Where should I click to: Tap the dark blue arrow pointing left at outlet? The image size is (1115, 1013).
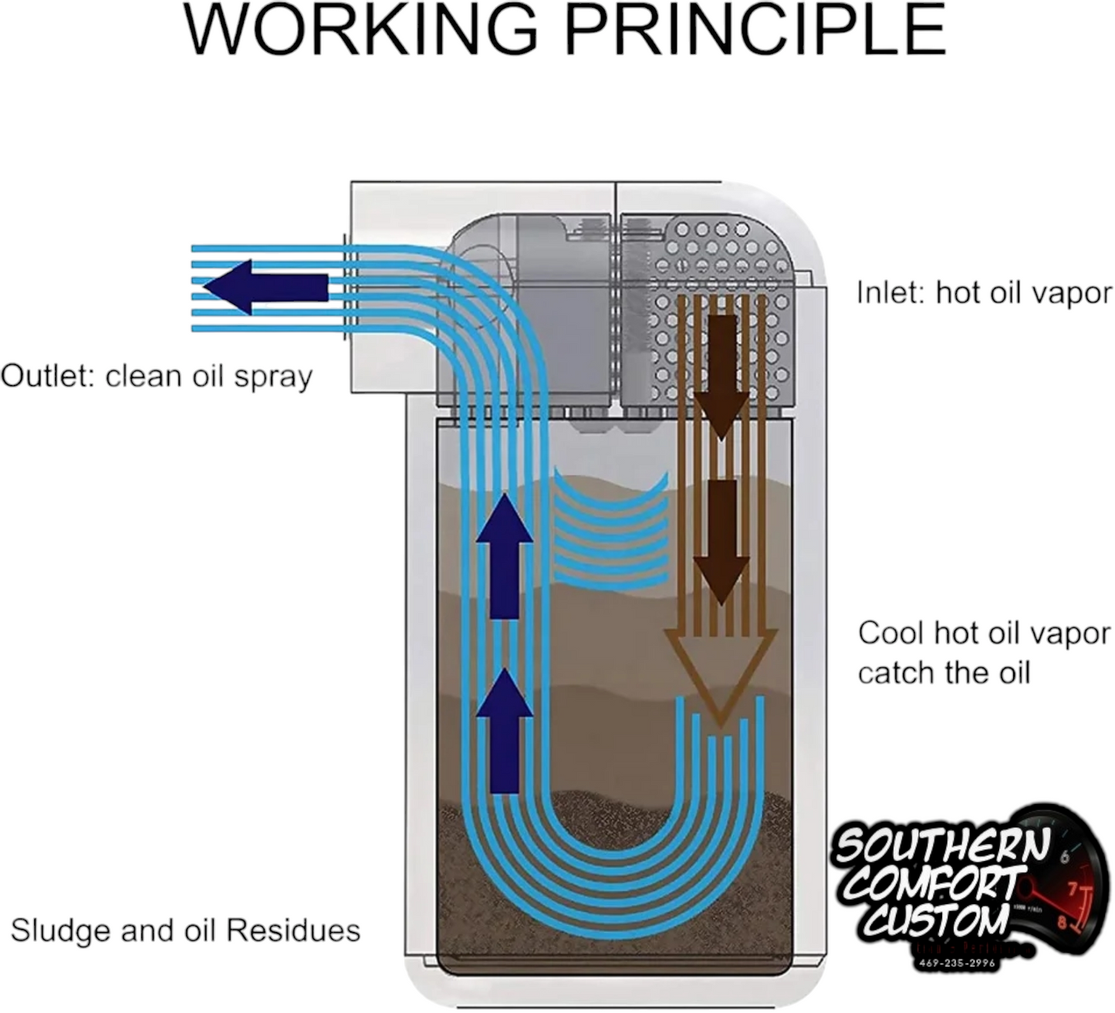click(x=265, y=287)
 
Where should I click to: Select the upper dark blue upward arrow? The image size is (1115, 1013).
click(x=505, y=555)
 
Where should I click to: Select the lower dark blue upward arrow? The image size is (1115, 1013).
click(x=505, y=730)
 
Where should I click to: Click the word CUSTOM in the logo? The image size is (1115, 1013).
click(x=937, y=920)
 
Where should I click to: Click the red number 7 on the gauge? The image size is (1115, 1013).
click(x=1073, y=889)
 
